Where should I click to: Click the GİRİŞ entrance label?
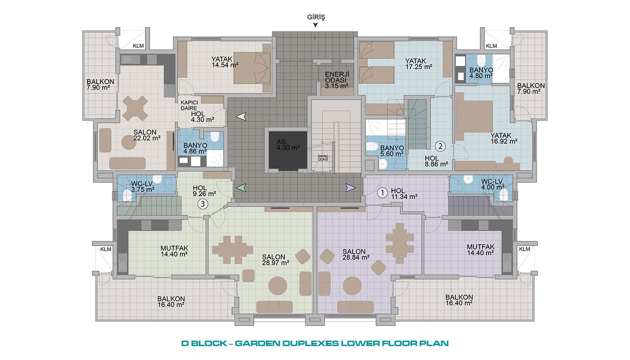tap(316, 17)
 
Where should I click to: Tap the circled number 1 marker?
tap(382, 193)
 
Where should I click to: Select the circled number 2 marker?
tap(440, 146)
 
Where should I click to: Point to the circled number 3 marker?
tap(202, 204)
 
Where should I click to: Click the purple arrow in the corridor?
tap(351, 188)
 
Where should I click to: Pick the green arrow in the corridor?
tap(241, 188)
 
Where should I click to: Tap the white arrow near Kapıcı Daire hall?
tap(241, 117)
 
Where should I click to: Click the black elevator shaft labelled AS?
tap(288, 150)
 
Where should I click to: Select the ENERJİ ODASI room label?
tap(337, 80)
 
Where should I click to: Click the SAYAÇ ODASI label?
tap(323, 158)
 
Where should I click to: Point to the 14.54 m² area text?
tap(225, 65)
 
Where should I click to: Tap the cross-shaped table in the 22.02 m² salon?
tap(135, 108)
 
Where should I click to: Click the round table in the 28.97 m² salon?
tap(278, 286)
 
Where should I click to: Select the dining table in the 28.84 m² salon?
tap(400, 243)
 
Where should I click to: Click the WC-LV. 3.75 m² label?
tap(143, 187)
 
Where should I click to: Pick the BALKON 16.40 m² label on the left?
tap(171, 302)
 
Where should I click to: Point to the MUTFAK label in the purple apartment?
tap(481, 247)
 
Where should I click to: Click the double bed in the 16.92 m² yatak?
tap(474, 117)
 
